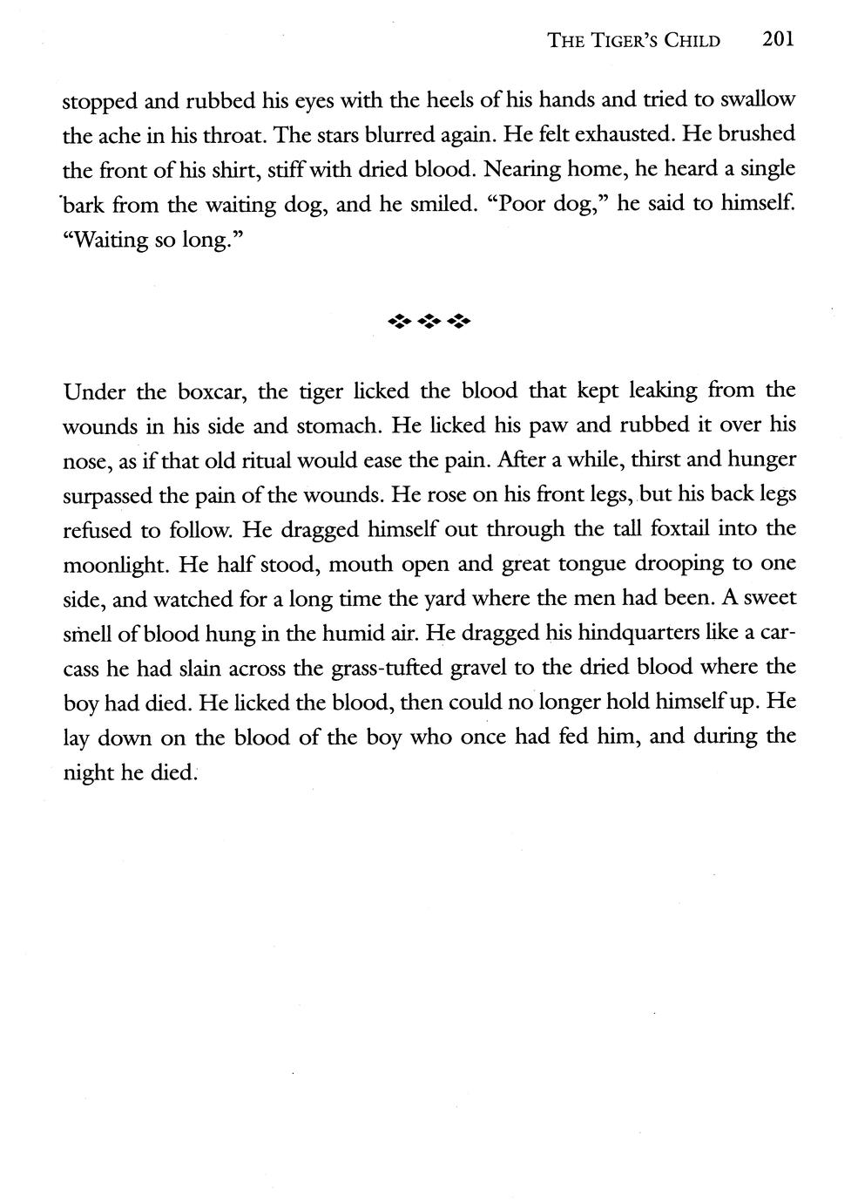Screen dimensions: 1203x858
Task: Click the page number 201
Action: [777, 39]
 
